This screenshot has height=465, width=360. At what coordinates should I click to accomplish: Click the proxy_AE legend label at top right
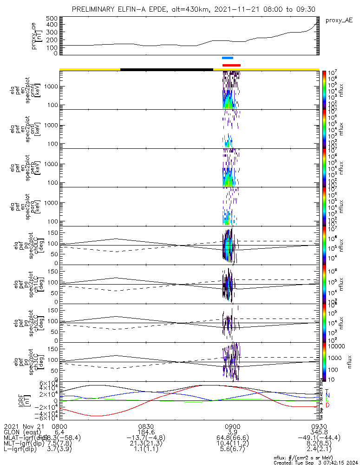click(339, 20)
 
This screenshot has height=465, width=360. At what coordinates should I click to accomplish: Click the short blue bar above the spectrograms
click(228, 58)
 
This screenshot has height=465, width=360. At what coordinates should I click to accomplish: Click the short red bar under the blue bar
click(231, 66)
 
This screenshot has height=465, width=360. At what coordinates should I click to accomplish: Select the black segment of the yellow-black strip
click(166, 69)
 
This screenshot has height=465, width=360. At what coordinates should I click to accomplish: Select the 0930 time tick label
click(319, 426)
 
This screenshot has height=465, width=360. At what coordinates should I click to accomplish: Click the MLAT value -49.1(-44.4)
click(319, 438)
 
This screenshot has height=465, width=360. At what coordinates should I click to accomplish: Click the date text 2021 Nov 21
click(22, 426)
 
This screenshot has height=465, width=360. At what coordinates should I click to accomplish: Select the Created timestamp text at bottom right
click(316, 462)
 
